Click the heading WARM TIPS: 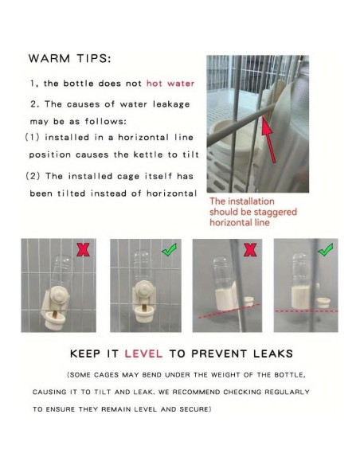pos(69,58)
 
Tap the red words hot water pos(170,84)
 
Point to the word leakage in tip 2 pos(171,104)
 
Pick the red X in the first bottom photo pos(83,250)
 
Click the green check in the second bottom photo pos(169,250)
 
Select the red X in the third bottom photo pos(250,250)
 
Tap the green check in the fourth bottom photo pos(325,250)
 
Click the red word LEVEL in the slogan pos(143,354)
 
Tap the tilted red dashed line pos(229,311)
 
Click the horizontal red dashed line pos(307,311)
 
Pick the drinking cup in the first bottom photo pos(54,321)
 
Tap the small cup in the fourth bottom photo pos(323,303)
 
